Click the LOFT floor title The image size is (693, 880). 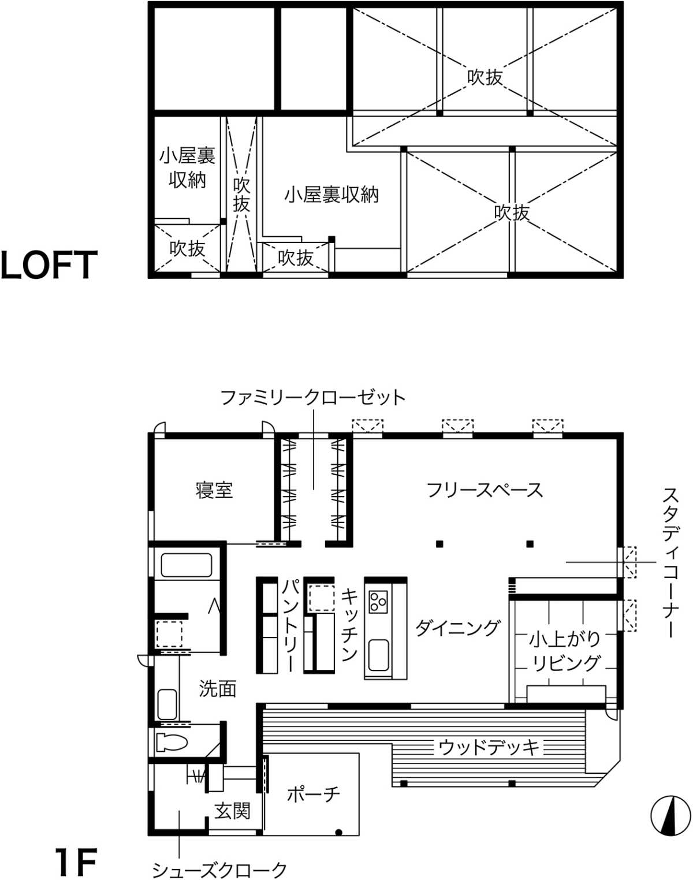tap(49, 265)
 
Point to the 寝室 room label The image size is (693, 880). tap(214, 490)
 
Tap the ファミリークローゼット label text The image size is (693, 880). tap(313, 397)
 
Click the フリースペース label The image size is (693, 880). tap(485, 490)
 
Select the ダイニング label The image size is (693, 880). tap(458, 628)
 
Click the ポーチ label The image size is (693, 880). tap(314, 795)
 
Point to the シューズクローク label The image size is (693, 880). tap(219, 870)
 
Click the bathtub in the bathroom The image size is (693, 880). tap(187, 565)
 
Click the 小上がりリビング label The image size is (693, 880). tap(565, 651)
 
